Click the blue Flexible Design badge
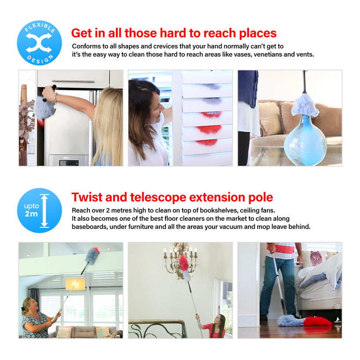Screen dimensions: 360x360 pos(40,43)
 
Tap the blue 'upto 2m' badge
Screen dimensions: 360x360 pos(40,211)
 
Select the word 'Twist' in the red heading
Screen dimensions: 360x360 pos(87,197)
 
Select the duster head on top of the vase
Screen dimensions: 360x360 pos(305,105)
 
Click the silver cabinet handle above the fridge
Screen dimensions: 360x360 pos(73,81)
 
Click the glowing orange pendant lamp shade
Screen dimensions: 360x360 pos(76,284)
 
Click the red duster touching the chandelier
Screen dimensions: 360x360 pos(184,263)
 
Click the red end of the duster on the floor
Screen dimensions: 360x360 pos(318,321)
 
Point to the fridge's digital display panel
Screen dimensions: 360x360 pos(69,163)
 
